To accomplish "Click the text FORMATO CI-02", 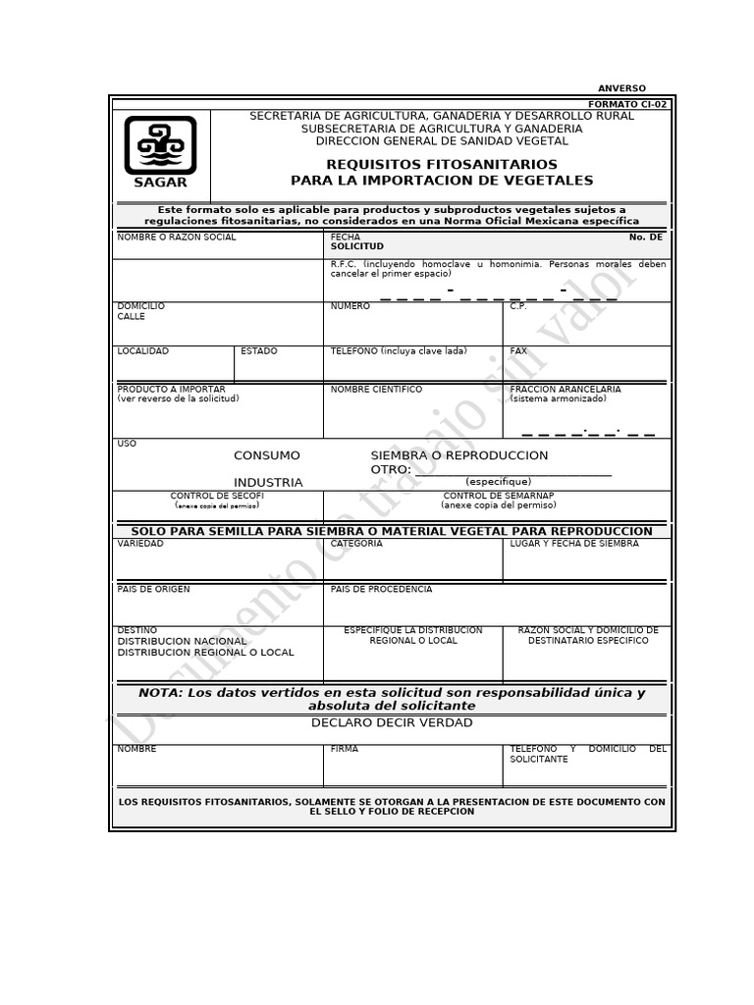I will coord(626,104).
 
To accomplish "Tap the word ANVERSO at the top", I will coord(621,88).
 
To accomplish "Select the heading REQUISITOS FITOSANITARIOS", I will coord(441,164).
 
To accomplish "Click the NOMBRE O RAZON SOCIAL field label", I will coord(177,238).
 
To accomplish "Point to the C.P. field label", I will coord(518,306).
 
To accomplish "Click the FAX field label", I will coord(518,350).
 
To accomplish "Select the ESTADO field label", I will coord(259,350).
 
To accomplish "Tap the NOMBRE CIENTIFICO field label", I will coord(376,390).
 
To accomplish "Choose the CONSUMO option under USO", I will coord(267,455).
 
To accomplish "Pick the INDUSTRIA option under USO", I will coord(268,482).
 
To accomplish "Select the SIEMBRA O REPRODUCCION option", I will coord(458,455).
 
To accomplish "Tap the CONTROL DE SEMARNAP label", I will coord(498,496).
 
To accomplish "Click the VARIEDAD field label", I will coord(140,543).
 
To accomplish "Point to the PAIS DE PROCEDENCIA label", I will coord(381,589).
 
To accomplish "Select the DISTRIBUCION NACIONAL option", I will coord(182,641).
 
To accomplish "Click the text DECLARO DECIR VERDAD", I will coord(392,722).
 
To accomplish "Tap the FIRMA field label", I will coord(345,749).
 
